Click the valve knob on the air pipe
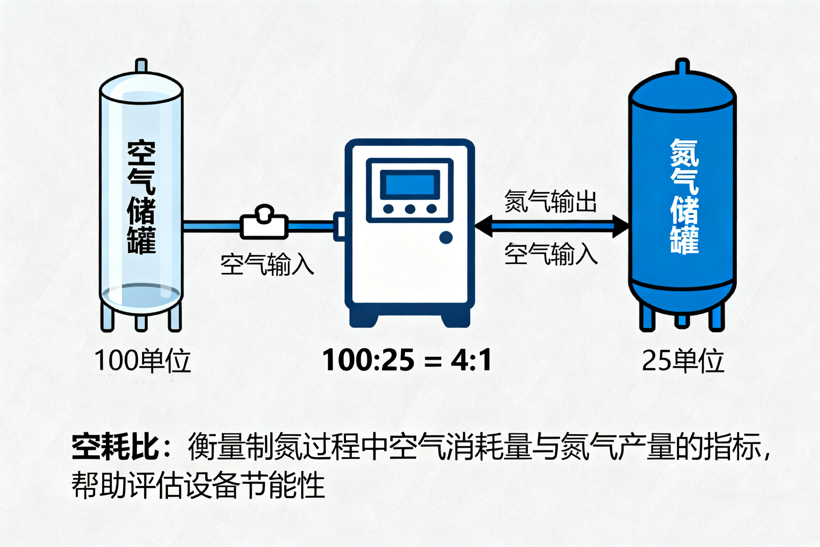coord(264,213)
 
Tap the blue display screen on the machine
coord(410,185)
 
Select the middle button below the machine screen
coord(410,209)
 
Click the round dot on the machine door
coord(446,238)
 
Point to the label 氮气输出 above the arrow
coord(551,202)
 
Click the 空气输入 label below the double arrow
coord(551,254)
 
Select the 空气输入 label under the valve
coord(267,264)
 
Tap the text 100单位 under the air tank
coord(143,361)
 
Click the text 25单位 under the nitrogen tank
coord(683,361)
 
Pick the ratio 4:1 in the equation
coord(471,360)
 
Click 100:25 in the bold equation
coord(368,360)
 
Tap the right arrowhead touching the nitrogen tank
coord(621,226)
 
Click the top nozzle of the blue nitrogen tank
coord(682,66)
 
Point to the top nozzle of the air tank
coord(141,66)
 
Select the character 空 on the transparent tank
coord(141,153)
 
